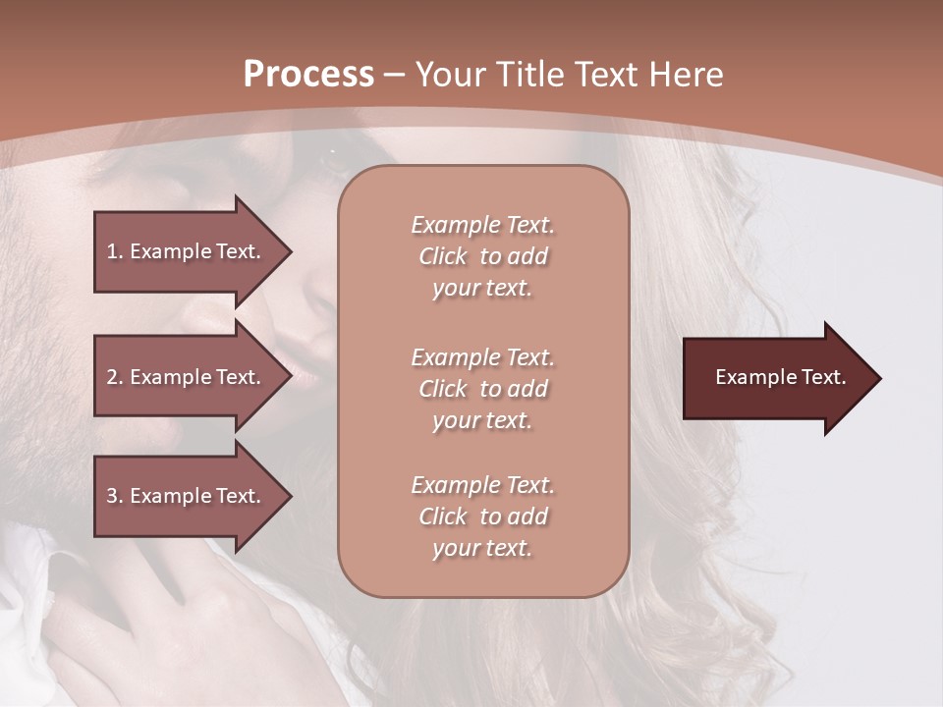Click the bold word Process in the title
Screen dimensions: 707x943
(308, 75)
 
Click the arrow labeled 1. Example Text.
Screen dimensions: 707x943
(187, 251)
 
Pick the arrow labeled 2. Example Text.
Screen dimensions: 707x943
(187, 377)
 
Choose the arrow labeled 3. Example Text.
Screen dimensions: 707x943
(187, 496)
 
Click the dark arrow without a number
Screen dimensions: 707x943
(776, 377)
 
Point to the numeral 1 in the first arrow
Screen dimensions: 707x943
(111, 251)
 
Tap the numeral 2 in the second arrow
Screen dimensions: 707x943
(112, 377)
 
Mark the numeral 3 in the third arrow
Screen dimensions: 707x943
(112, 496)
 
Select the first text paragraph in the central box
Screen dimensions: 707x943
(482, 256)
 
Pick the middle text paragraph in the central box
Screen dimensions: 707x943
(482, 388)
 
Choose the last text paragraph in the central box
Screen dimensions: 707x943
(482, 517)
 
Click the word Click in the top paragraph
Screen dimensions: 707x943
(443, 257)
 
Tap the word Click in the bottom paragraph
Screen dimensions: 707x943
(443, 517)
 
